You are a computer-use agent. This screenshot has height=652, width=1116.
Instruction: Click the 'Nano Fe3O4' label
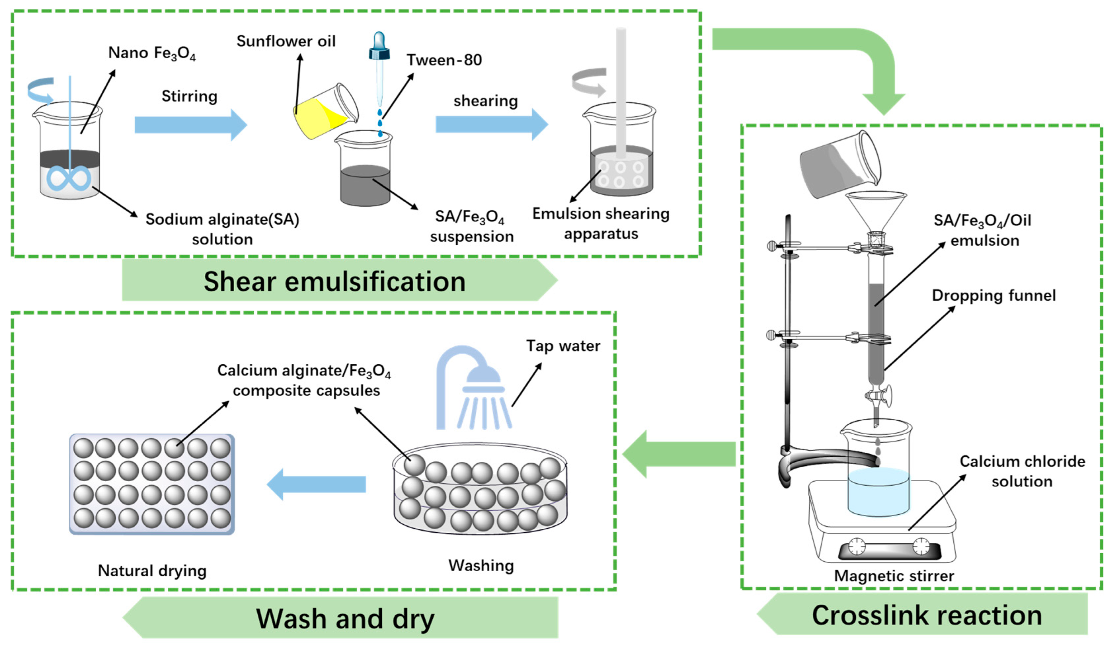152,53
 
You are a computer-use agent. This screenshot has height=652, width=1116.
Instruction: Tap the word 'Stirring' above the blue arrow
189,96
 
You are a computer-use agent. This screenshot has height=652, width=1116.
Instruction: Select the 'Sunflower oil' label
286,41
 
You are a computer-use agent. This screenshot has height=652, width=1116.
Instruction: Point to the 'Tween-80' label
444,60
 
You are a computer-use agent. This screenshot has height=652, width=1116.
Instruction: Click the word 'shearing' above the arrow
485,101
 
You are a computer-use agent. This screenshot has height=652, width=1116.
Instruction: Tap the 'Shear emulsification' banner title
334,281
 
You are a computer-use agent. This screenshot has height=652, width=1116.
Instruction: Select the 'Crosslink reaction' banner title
927,615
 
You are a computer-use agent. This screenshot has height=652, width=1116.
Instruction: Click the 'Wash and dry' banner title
345,618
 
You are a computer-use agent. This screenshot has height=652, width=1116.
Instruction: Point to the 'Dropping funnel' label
993,296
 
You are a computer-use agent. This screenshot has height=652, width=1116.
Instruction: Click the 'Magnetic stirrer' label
894,575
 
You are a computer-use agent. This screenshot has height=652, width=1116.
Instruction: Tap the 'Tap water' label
563,345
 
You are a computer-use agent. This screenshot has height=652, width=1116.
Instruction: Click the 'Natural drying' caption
152,570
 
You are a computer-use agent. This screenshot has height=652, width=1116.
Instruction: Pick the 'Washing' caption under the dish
481,566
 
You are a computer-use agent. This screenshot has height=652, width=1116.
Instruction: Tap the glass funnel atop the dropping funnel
876,210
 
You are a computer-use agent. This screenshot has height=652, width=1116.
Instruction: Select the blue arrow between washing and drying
317,485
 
